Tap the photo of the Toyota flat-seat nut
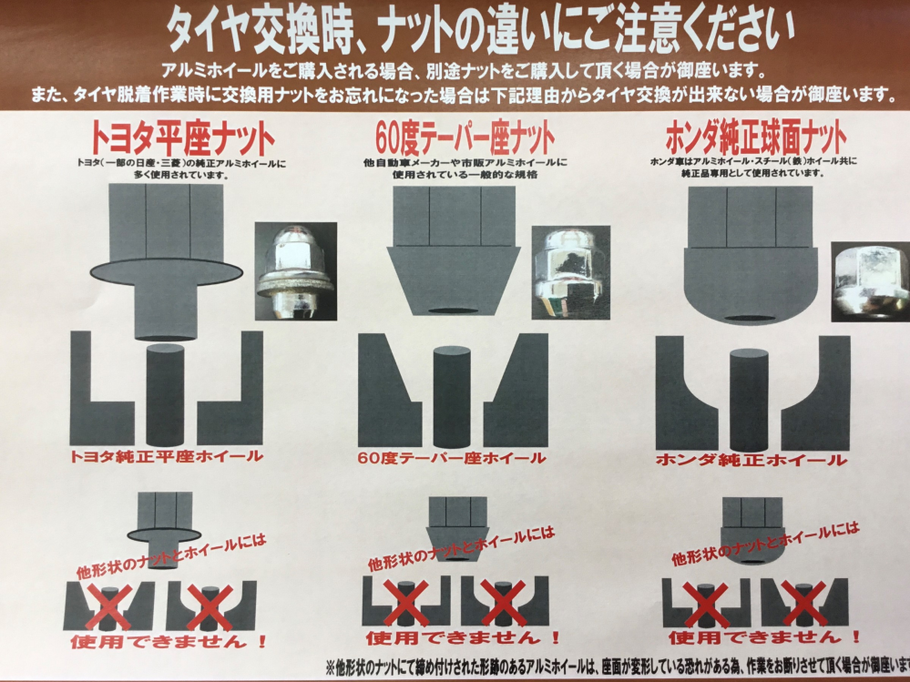pos(296,271)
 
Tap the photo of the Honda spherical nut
pos(868,280)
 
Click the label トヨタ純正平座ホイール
pos(166,456)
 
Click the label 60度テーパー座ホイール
pos(453,458)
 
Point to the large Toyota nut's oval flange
pos(167,271)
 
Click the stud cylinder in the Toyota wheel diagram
pos(166,392)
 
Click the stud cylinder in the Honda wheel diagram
pos(749,399)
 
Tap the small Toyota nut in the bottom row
pos(164,526)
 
